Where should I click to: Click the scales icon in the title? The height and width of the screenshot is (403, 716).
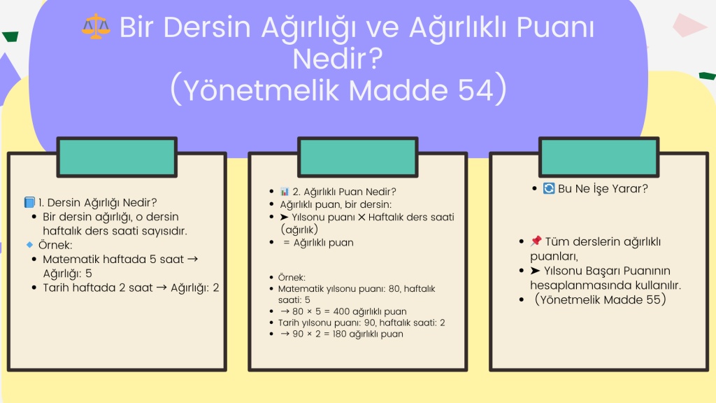click(x=96, y=26)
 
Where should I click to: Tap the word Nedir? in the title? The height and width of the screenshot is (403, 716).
click(x=338, y=59)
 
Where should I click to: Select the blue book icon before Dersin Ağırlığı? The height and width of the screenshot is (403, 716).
click(x=29, y=202)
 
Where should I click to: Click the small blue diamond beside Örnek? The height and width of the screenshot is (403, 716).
click(x=29, y=245)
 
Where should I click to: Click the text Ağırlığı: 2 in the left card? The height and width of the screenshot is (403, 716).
click(x=195, y=288)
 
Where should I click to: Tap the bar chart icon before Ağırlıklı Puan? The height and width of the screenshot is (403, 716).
click(x=285, y=191)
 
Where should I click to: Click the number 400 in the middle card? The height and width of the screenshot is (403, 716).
click(x=341, y=311)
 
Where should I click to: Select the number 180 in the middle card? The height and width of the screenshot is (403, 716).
click(x=340, y=334)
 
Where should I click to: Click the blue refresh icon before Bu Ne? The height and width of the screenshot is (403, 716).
click(x=548, y=188)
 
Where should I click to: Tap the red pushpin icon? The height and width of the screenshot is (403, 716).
click(x=536, y=241)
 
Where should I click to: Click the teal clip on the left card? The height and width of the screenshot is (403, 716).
click(x=117, y=157)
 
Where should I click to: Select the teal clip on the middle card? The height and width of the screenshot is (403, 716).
click(x=358, y=157)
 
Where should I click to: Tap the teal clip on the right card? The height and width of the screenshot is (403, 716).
click(x=599, y=157)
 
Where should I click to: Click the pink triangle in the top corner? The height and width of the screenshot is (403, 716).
click(x=689, y=24)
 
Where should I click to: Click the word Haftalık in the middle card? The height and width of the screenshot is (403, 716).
click(x=386, y=217)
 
